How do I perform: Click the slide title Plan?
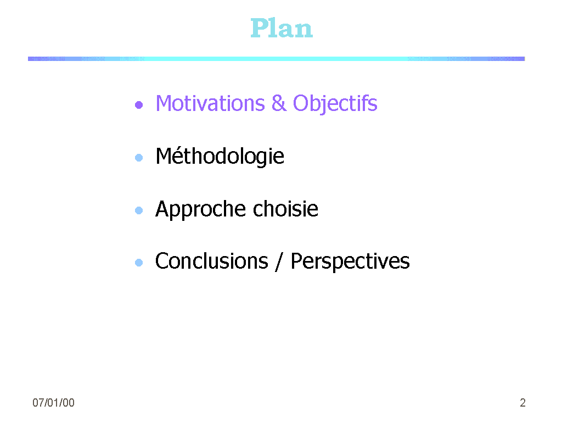[282, 28]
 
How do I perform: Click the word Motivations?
[210, 103]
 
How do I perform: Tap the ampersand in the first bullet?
[279, 103]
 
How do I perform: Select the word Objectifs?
[335, 104]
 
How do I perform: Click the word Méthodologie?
[220, 157]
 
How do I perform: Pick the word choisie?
[285, 209]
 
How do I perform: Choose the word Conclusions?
[211, 261]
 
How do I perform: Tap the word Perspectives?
[350, 262]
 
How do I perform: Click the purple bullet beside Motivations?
[139, 105]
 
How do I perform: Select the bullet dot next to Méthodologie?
[139, 158]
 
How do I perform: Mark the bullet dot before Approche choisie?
[139, 210]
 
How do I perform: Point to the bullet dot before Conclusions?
[139, 263]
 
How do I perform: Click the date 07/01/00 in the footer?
[53, 403]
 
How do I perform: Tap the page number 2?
[522, 403]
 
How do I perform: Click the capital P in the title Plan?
[259, 28]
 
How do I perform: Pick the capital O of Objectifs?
[301, 103]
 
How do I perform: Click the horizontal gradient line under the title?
[277, 58]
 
